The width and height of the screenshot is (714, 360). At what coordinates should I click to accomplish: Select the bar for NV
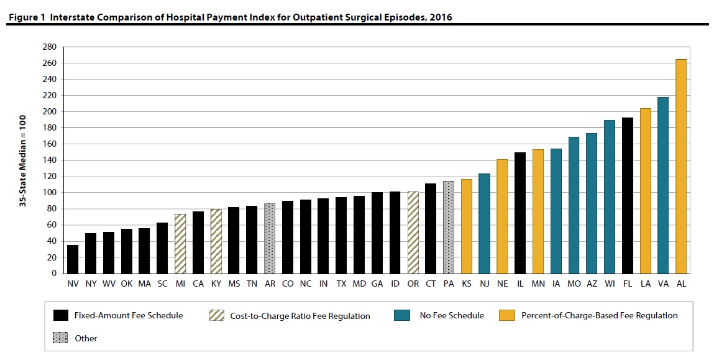[73, 259]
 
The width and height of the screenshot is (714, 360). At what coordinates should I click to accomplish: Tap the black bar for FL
[628, 195]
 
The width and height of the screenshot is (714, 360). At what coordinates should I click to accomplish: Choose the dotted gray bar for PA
[449, 227]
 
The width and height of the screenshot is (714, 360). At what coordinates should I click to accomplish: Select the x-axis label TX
[341, 284]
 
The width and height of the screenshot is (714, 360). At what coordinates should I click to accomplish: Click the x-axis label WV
[109, 284]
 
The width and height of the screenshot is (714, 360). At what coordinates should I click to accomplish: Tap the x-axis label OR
[413, 284]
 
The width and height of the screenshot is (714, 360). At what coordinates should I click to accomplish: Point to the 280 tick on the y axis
[50, 47]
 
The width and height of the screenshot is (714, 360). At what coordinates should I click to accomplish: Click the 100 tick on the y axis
[50, 193]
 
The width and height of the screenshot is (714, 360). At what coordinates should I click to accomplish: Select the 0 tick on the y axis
[54, 274]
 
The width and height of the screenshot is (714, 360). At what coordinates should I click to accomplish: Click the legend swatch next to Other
[61, 338]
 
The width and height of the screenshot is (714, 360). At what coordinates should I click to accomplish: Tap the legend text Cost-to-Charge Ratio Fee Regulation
[300, 316]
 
